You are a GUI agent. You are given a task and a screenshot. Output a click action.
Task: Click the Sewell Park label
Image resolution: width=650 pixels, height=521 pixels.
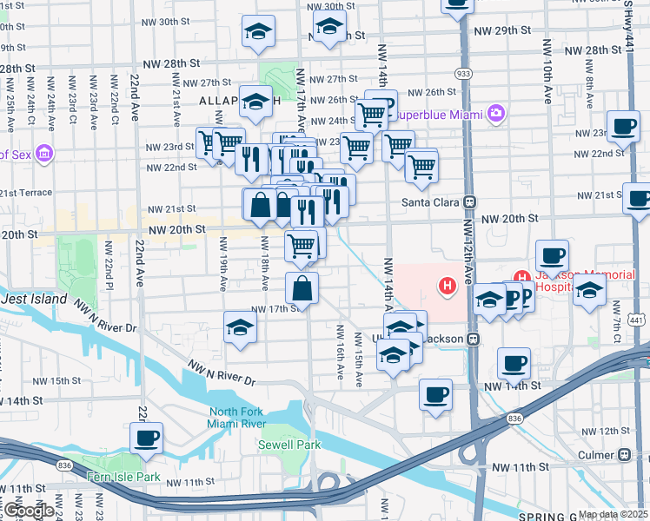pos(283,445)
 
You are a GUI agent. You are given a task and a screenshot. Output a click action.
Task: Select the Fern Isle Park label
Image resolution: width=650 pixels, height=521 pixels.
pos(123,477)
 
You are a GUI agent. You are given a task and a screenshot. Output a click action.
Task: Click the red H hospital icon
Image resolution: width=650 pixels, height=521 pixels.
pos(448,285)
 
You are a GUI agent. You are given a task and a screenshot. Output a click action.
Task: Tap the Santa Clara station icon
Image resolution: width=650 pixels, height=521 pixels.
pos(469,201)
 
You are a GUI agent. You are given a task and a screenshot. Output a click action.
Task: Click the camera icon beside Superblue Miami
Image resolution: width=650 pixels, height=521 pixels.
pos(496,112)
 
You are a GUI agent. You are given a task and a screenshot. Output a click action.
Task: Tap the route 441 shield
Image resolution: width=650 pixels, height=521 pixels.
pos(637,320)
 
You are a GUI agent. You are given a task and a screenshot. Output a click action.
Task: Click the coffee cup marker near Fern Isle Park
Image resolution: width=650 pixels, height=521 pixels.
pos(146,437)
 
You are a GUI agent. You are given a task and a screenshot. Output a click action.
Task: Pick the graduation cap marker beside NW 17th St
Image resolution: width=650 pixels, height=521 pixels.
pos(240,327)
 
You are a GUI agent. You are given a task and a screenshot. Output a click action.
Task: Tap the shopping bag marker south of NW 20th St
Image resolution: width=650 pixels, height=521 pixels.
pos(301,288)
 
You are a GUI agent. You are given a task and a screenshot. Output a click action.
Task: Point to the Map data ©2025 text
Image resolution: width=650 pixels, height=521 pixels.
pos(612,514)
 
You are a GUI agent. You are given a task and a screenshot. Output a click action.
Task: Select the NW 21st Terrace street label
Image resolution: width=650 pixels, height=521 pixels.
pos(24,193)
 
